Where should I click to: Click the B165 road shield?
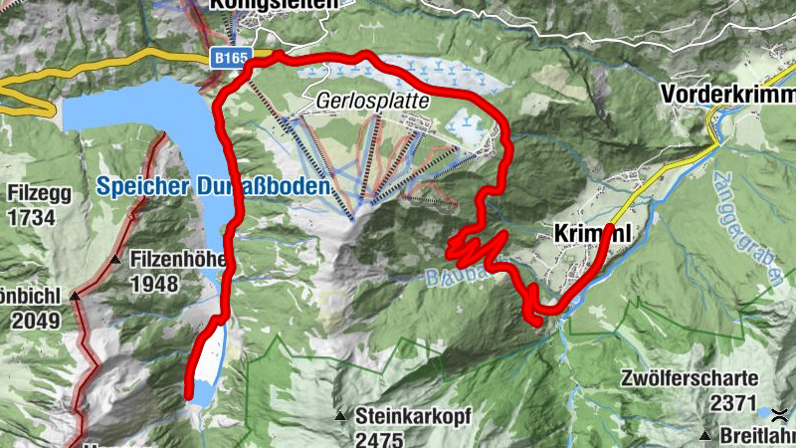[230, 60]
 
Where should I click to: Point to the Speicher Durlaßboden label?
[212, 186]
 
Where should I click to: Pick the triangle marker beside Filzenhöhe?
[115, 260]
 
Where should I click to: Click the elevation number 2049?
[31, 321]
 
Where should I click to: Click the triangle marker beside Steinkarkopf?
[341, 416]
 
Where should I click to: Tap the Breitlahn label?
[757, 436]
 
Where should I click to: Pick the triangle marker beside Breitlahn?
[705, 435]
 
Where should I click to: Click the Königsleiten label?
[273, 4]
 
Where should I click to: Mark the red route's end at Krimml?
[608, 231]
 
